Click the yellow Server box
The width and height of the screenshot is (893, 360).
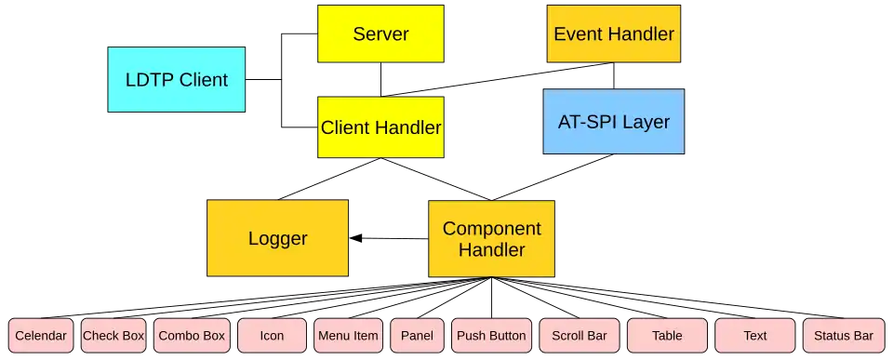(380, 34)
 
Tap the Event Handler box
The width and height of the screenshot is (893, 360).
(614, 34)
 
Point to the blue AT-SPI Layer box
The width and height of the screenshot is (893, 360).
(613, 122)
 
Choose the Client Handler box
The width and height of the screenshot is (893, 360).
(380, 127)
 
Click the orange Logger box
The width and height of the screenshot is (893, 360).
(277, 238)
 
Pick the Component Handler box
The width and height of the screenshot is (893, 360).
(491, 239)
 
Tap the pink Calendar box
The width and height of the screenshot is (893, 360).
(42, 336)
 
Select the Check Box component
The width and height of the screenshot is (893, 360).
(113, 336)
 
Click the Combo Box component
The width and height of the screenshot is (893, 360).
(192, 336)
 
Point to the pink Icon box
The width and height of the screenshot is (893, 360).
(272, 336)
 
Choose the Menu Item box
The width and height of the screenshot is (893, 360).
(348, 336)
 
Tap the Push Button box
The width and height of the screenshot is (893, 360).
(491, 336)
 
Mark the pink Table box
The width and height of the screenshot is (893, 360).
(667, 336)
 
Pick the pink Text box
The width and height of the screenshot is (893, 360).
(755, 336)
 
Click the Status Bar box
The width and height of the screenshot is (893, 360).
(843, 336)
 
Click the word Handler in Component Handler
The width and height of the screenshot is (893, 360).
(491, 250)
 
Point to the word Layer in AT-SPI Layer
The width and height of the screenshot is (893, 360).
(646, 122)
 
